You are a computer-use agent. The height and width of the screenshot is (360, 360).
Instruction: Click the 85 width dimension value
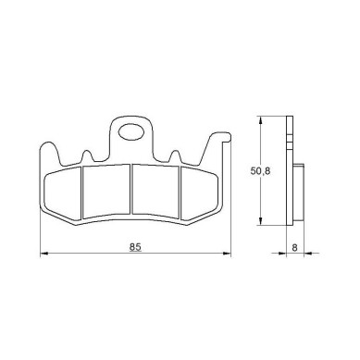(135, 247)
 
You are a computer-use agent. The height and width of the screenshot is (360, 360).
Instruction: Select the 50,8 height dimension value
(260, 171)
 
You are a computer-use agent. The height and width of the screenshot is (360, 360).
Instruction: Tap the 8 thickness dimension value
(294, 247)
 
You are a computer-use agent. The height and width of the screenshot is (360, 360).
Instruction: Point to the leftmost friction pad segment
(63, 193)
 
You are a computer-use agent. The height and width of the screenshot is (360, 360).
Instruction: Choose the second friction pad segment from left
(106, 190)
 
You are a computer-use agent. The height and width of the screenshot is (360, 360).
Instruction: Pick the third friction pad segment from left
(155, 190)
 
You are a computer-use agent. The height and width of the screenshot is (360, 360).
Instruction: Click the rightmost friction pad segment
(199, 193)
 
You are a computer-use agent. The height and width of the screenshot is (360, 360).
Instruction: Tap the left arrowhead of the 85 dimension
(43, 254)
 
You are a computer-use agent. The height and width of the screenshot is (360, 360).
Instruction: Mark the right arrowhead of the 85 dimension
(228, 254)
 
